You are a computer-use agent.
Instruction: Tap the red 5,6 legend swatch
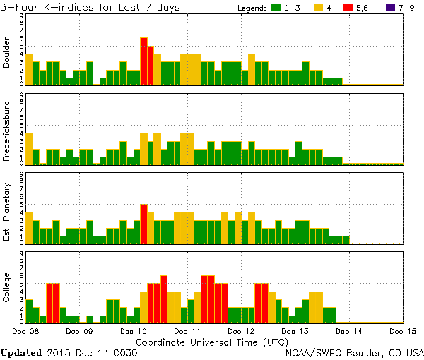(x=351, y=8)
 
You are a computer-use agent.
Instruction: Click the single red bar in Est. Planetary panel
(x=143, y=223)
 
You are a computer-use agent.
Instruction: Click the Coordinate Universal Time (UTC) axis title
(x=212, y=341)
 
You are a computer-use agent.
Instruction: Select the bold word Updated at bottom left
(x=22, y=352)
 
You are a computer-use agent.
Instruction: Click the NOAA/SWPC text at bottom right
(x=314, y=352)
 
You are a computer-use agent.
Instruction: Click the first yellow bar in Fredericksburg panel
(x=29, y=148)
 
